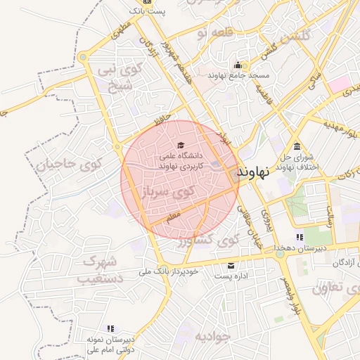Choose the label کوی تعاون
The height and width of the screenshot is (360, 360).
click(x=335, y=287)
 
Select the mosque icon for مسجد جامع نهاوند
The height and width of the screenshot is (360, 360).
click(x=238, y=64)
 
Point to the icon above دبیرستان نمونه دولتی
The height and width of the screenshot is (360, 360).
click(x=110, y=328)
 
